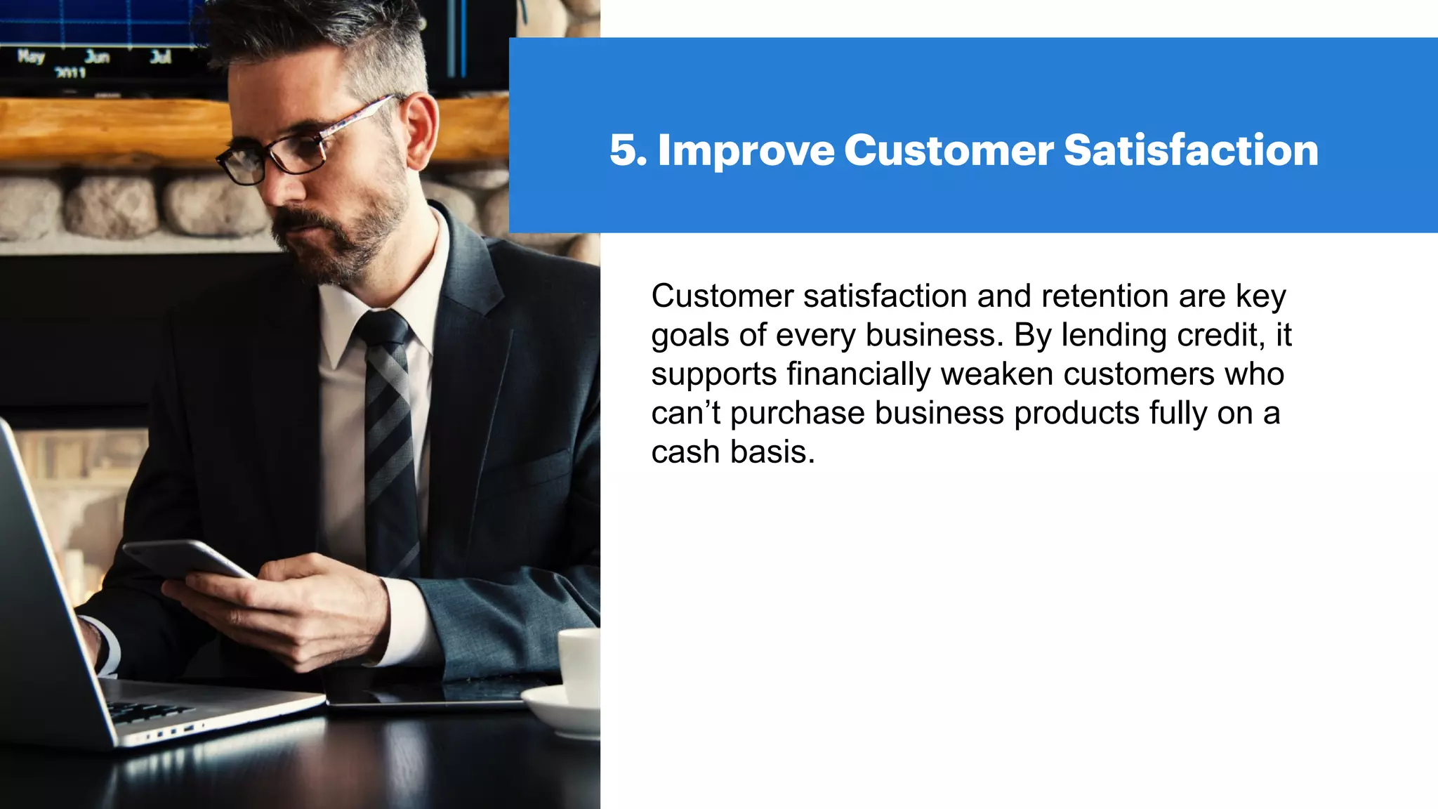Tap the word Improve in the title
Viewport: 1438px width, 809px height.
coord(746,152)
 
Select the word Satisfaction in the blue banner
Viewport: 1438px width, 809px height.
coord(1191,150)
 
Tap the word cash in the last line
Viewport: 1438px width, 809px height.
coord(686,452)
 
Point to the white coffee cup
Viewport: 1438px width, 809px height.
coord(580,664)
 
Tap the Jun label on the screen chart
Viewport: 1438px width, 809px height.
coord(97,56)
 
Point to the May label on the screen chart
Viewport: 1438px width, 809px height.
coord(31,56)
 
